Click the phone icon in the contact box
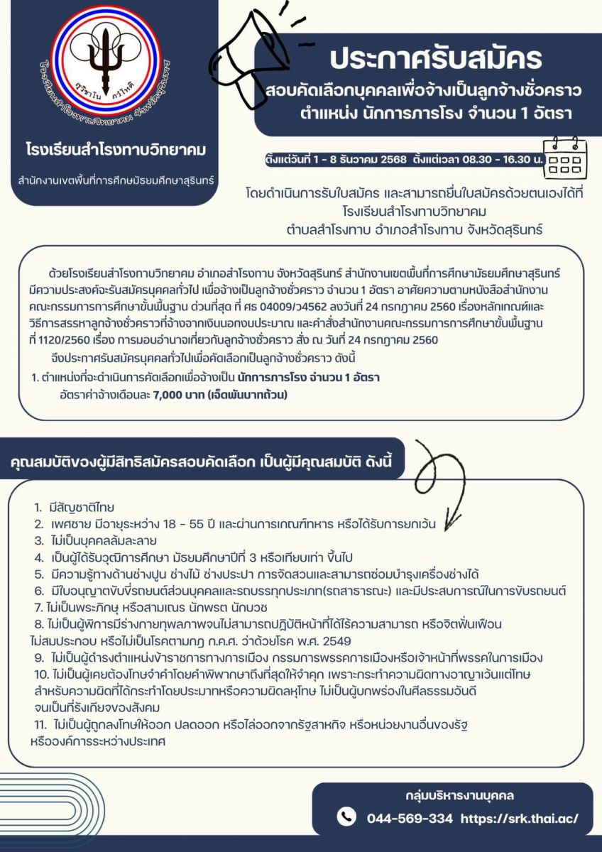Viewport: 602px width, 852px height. point(346,816)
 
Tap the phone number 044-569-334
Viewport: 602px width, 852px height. point(410,818)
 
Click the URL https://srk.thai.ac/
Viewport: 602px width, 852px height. point(520,818)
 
